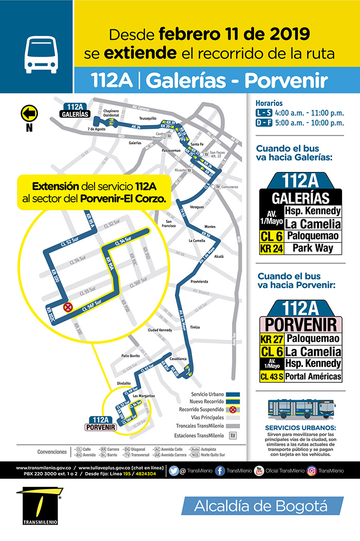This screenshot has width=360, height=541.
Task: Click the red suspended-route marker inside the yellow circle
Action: point(67,307)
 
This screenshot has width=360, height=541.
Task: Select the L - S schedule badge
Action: point(264,113)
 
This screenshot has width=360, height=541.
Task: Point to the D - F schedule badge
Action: point(264,123)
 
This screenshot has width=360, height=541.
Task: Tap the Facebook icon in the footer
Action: point(220,470)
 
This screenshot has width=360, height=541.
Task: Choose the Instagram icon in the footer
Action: point(312,470)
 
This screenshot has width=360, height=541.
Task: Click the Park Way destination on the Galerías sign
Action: point(313,249)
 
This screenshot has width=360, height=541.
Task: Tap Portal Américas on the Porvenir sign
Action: point(314,377)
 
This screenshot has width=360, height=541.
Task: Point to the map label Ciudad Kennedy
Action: point(159,330)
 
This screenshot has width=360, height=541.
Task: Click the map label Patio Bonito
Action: point(131,356)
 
